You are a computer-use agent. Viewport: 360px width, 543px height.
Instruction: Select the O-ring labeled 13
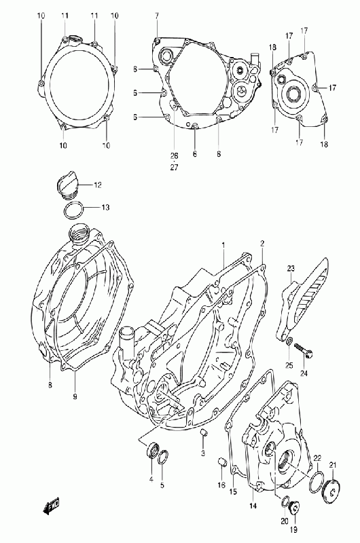pos(74,210)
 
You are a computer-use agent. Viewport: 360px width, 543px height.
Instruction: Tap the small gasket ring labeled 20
pos(285,501)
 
